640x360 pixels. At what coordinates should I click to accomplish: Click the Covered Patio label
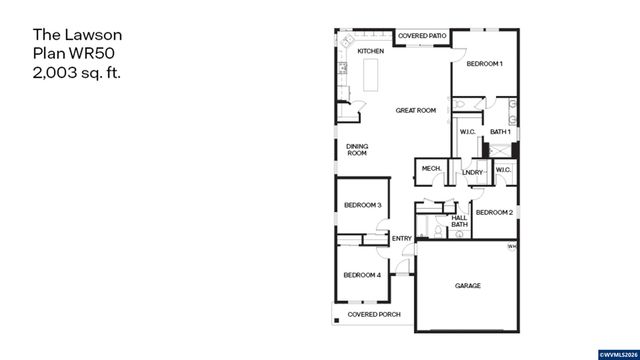[422, 37]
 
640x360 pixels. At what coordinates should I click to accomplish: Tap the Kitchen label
[371, 51]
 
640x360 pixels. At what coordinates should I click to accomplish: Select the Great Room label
[415, 110]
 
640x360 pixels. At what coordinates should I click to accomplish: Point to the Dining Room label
[357, 150]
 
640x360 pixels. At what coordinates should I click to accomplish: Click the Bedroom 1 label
[484, 64]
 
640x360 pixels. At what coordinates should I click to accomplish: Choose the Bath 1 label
[500, 132]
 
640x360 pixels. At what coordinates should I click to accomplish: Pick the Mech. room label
[432, 169]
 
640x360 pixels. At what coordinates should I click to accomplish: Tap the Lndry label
[472, 173]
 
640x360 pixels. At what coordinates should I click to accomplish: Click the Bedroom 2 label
[494, 213]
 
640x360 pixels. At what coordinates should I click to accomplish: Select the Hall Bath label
[459, 221]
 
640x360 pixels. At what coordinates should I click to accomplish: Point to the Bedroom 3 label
[363, 205]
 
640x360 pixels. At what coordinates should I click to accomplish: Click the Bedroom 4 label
[362, 275]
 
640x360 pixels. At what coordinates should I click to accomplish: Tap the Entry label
[402, 238]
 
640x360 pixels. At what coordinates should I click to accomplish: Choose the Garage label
[468, 286]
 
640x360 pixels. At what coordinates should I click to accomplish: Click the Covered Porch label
[373, 314]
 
